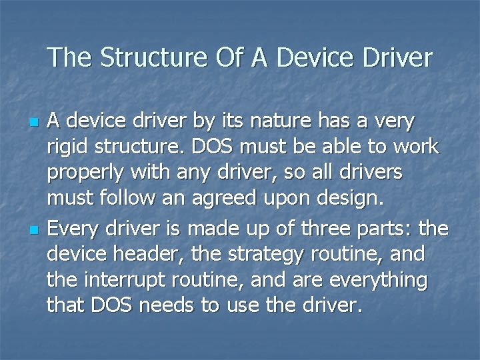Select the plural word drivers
click(369, 172)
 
